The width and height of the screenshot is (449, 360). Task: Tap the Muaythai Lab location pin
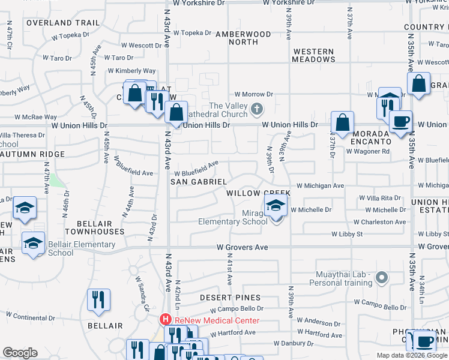pos(380,277)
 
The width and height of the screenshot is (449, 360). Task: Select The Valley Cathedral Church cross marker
pos(257,109)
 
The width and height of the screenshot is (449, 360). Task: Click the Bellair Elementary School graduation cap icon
pos(32,244)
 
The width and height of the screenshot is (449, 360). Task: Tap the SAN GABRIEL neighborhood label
pos(199,181)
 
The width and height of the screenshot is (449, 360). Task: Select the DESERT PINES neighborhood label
pos(231,298)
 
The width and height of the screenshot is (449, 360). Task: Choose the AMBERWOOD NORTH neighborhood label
pos(243,38)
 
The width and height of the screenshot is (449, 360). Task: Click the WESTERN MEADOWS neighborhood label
pos(314,55)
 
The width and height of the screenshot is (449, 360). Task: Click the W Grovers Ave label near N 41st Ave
pos(242,247)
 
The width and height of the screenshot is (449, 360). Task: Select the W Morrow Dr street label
pos(253,94)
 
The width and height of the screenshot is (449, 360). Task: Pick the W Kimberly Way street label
pos(131,71)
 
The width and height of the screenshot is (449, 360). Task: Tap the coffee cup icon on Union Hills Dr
pos(400,121)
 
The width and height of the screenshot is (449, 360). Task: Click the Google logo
pos(20,353)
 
